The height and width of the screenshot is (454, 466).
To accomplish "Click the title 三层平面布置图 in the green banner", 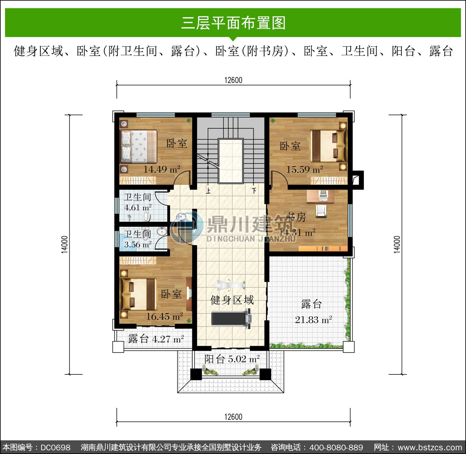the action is [x=233, y=23].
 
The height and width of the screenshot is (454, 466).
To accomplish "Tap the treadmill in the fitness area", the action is [x=231, y=318].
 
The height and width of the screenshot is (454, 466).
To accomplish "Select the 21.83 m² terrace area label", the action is [x=313, y=319].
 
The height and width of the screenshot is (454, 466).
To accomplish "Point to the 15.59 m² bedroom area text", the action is [x=304, y=169].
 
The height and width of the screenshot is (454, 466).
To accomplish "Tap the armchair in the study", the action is [x=321, y=210].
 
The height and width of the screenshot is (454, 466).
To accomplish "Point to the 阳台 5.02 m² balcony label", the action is [x=232, y=359].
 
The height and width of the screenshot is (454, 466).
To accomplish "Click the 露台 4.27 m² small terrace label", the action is [x=156, y=339].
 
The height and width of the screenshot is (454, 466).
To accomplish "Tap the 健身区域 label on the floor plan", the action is [x=232, y=300].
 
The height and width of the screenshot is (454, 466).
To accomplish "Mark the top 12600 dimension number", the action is [x=233, y=80].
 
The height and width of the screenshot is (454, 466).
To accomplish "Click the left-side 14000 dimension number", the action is [x=64, y=245].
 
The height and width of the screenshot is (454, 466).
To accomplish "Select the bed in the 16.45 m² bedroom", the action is [x=139, y=294].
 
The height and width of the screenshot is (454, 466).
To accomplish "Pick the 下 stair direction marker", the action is [x=254, y=190].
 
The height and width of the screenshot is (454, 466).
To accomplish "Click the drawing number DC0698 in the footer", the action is [x=56, y=447].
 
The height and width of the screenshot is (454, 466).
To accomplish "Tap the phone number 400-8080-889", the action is [x=336, y=447].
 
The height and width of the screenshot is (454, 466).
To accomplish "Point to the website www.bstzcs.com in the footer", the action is [x=430, y=447].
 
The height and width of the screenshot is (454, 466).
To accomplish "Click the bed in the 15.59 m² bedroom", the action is [x=329, y=146].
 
